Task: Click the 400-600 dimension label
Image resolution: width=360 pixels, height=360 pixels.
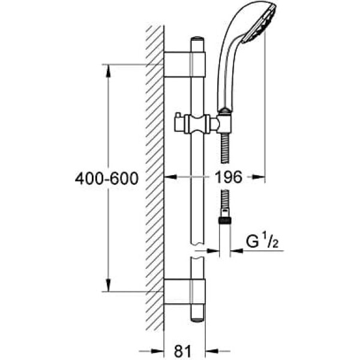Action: (107, 178)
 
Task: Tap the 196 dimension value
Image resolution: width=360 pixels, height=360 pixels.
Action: (228, 177)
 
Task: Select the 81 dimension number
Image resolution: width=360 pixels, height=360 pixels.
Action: (183, 351)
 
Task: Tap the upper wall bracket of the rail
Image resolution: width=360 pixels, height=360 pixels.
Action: (184, 64)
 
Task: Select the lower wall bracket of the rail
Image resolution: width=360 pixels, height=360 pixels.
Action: (184, 292)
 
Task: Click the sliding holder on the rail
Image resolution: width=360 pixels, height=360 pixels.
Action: (197, 124)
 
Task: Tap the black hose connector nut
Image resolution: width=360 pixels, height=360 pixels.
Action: (225, 220)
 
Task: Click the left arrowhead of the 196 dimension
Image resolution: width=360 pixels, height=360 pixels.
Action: (170, 177)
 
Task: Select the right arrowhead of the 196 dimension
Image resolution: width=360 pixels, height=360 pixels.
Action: (259, 177)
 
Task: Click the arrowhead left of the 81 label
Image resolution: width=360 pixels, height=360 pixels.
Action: (157, 351)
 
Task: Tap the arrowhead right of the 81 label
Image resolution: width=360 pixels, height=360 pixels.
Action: (212, 351)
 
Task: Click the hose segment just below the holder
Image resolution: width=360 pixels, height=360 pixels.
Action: (225, 149)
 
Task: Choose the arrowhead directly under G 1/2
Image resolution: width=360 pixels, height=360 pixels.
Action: (237, 251)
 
